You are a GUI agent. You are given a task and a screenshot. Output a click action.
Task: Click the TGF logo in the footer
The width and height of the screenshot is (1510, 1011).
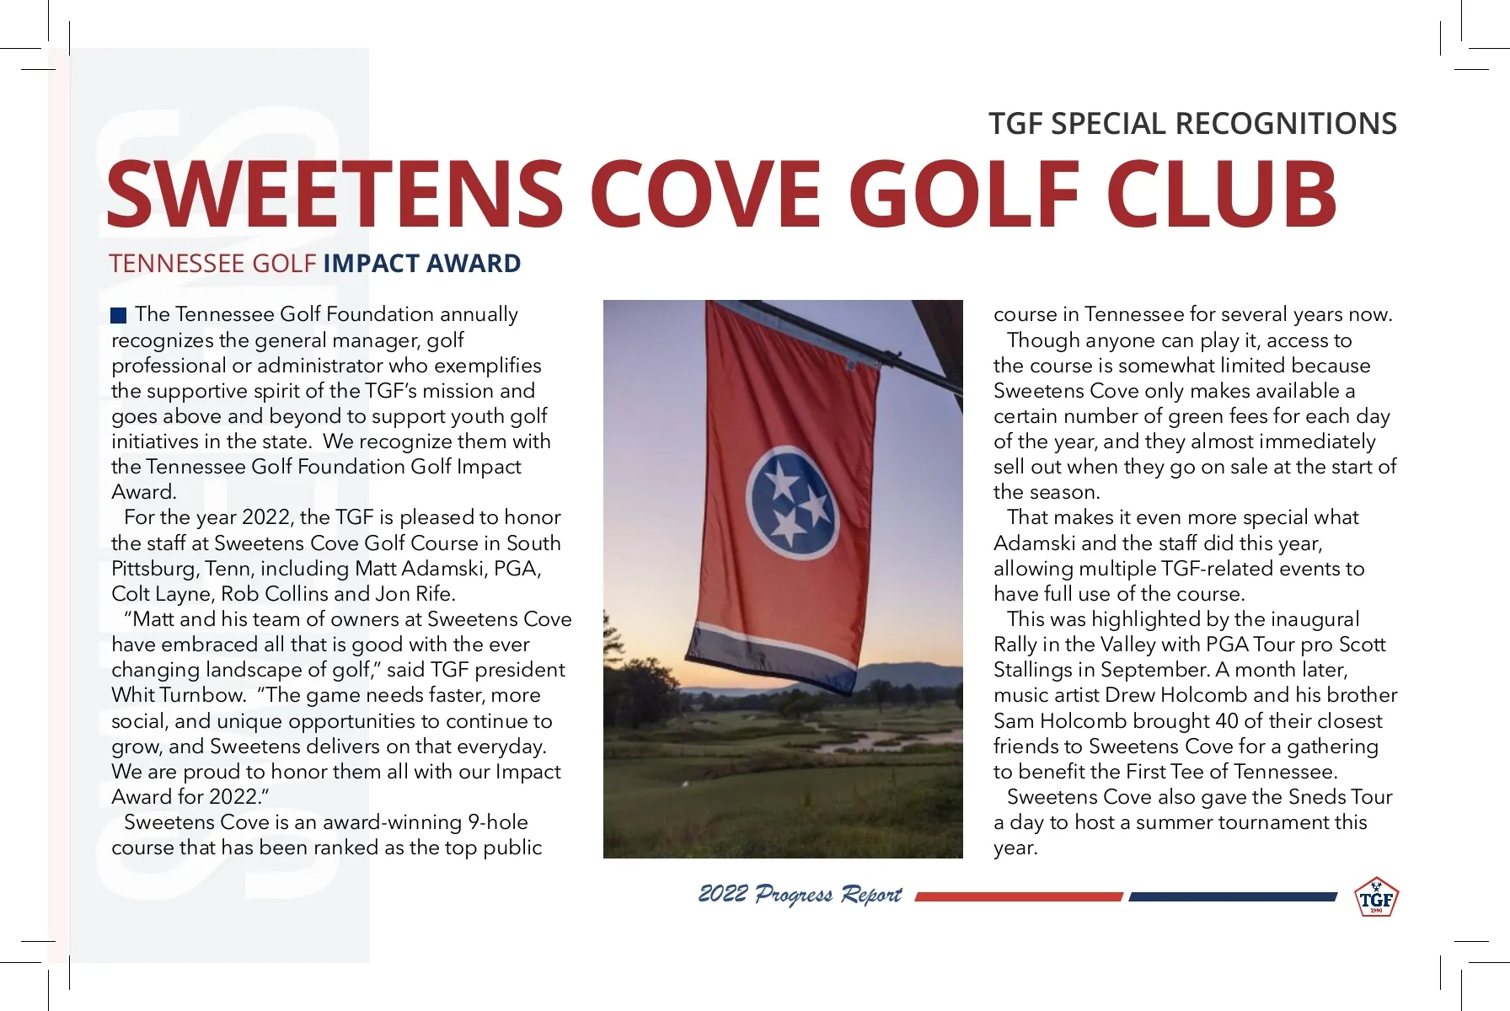coord(1376,898)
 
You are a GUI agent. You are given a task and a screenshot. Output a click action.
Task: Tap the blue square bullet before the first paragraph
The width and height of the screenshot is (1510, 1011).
coord(119,316)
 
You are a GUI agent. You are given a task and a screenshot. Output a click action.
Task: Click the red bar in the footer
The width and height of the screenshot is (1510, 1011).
coord(1019,897)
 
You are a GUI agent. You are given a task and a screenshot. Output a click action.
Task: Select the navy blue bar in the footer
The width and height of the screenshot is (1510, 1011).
coord(1232,897)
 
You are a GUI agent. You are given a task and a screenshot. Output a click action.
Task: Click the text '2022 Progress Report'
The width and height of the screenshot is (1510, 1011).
coord(800,895)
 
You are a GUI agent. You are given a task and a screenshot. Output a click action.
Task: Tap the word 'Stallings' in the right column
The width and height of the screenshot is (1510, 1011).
coord(1036,671)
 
